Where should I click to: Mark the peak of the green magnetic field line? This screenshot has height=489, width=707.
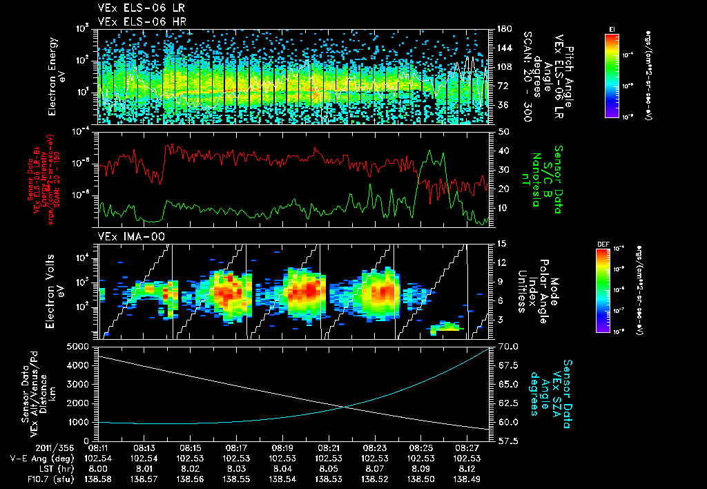pos(431,151)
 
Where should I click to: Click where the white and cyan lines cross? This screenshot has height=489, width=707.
pos(343,406)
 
